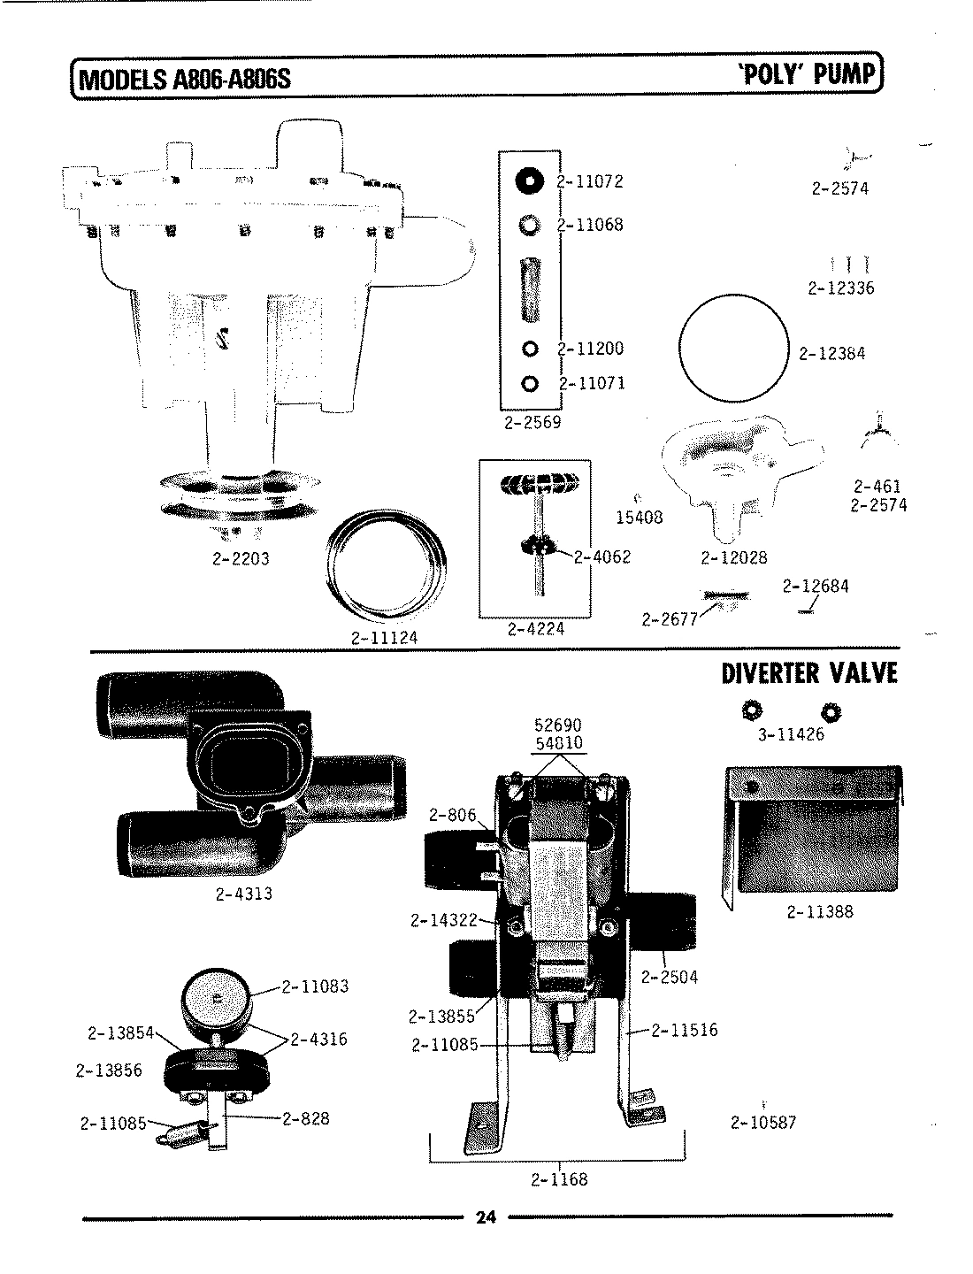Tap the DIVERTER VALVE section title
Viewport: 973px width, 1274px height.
[x=809, y=673]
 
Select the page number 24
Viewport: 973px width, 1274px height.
[x=486, y=1217]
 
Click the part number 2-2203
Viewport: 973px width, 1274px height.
[x=240, y=558]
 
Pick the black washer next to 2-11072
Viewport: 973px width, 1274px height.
[x=530, y=180]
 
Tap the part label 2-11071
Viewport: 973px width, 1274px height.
[x=591, y=384]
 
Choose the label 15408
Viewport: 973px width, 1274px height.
[x=639, y=518]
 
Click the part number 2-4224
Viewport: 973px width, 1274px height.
[x=535, y=629]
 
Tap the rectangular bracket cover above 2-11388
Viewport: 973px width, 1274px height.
[x=812, y=830]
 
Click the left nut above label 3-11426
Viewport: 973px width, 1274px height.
[x=752, y=710]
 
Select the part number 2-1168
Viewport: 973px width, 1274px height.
[x=559, y=1179]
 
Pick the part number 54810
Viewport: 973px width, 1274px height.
[x=559, y=742]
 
